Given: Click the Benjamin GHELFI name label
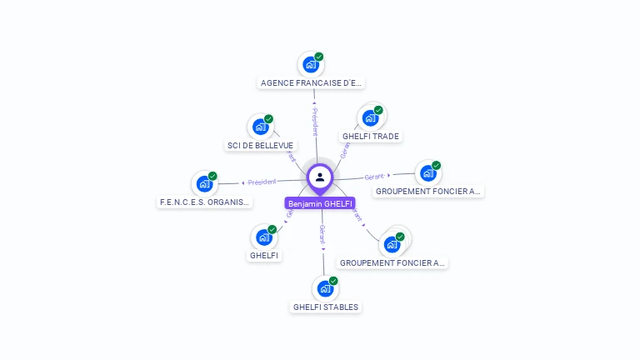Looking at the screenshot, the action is point(320,203).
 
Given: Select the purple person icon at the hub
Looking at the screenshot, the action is point(320,177).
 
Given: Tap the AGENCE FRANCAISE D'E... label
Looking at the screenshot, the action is point(311,82).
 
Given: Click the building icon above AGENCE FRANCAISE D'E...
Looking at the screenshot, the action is point(311,64).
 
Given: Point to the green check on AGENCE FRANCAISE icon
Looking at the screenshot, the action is point(319,57).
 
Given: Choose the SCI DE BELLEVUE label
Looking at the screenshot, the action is point(262,145).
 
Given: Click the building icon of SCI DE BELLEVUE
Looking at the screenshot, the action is point(261,127).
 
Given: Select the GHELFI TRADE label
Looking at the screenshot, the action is point(371,136).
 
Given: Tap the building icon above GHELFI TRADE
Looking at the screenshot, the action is point(370,117).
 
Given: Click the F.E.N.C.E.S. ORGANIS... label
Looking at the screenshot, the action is point(205,202).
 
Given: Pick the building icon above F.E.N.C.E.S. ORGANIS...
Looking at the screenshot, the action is point(205,183).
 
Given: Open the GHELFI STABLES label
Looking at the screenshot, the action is point(326,307).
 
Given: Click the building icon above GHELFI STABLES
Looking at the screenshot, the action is point(325,288).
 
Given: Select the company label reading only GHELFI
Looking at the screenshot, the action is point(264,255).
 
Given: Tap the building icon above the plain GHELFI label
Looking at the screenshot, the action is point(264,237).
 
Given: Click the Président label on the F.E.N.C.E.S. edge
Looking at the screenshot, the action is point(262,182).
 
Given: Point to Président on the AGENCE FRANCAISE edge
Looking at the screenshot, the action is point(315,121).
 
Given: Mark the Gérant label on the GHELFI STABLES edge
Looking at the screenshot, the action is point(322,233).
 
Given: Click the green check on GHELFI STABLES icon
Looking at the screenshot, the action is point(333,281).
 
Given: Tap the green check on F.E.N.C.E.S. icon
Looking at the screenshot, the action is point(213,176).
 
